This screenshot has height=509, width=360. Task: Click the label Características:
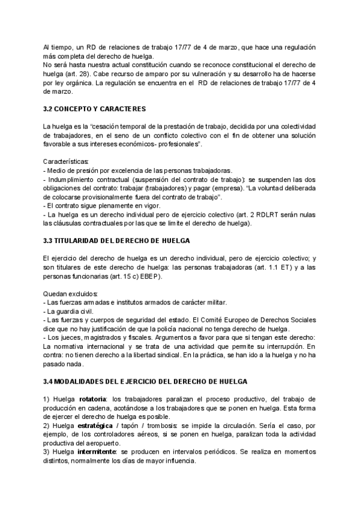(65, 161)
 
